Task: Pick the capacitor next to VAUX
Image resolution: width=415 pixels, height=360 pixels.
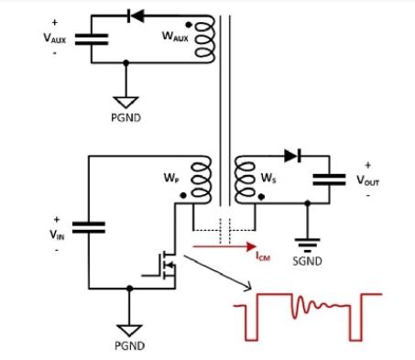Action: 90,38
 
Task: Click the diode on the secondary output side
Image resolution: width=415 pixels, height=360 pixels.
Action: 291,157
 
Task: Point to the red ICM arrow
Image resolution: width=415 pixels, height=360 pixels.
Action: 221,245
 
